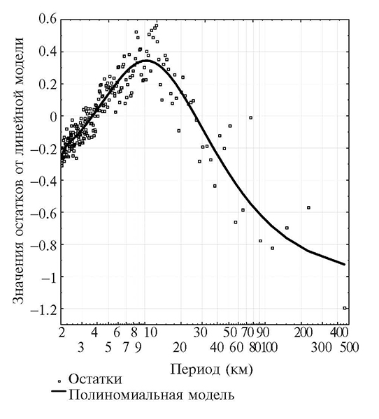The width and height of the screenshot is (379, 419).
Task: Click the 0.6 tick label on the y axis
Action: click(x=48, y=19)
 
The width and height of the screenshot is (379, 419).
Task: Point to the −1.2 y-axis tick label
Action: click(x=43, y=309)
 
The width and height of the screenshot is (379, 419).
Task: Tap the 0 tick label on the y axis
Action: click(x=52, y=117)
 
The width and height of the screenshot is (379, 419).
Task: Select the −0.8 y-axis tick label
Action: click(x=43, y=245)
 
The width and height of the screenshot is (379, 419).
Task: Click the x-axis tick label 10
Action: click(x=151, y=333)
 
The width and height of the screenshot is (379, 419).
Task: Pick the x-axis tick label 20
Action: click(x=180, y=348)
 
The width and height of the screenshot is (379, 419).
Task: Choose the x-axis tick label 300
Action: click(x=322, y=348)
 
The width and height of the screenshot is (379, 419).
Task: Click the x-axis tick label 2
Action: click(x=62, y=333)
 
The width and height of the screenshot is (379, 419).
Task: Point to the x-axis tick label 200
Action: click(x=303, y=333)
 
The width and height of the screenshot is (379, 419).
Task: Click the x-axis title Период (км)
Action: click(x=211, y=370)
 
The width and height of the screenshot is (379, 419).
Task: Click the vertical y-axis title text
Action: click(x=19, y=170)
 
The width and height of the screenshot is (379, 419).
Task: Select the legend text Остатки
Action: click(x=95, y=379)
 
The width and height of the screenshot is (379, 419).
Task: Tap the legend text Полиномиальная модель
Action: click(x=152, y=395)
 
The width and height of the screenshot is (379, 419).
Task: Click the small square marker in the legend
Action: click(x=59, y=381)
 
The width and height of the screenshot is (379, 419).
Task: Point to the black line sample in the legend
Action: click(x=59, y=391)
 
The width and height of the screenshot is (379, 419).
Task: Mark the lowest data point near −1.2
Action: click(x=345, y=308)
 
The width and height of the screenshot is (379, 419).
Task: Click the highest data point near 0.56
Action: click(x=157, y=26)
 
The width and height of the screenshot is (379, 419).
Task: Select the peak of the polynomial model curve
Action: click(x=146, y=61)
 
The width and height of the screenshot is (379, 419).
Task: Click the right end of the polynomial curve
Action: click(x=344, y=264)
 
